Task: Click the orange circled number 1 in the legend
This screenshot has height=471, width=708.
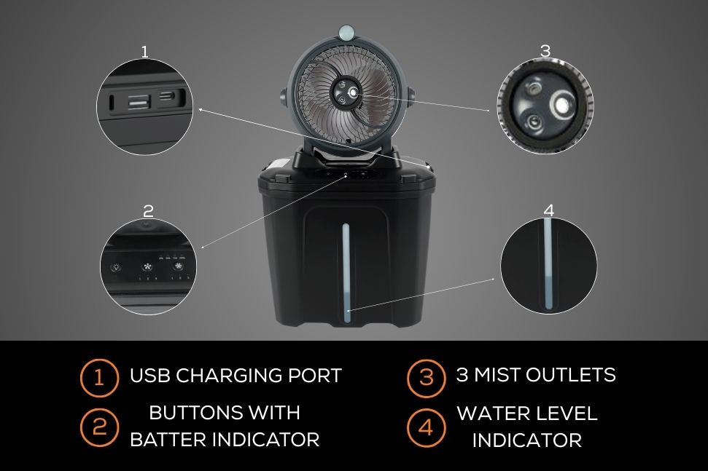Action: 99,377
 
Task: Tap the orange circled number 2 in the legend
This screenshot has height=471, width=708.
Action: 99,427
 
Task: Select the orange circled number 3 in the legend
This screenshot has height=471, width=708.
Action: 426,377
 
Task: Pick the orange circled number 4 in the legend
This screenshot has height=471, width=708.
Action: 426,427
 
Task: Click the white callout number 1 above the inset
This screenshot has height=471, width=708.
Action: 144,52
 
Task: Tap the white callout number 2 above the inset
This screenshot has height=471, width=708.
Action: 148,211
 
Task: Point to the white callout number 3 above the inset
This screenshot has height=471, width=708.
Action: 545,51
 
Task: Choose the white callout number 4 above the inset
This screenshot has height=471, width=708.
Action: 548,210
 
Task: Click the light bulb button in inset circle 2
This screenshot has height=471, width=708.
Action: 116,267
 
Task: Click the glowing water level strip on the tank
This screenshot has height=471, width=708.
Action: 346,273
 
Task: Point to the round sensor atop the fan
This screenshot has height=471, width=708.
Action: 347,33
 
